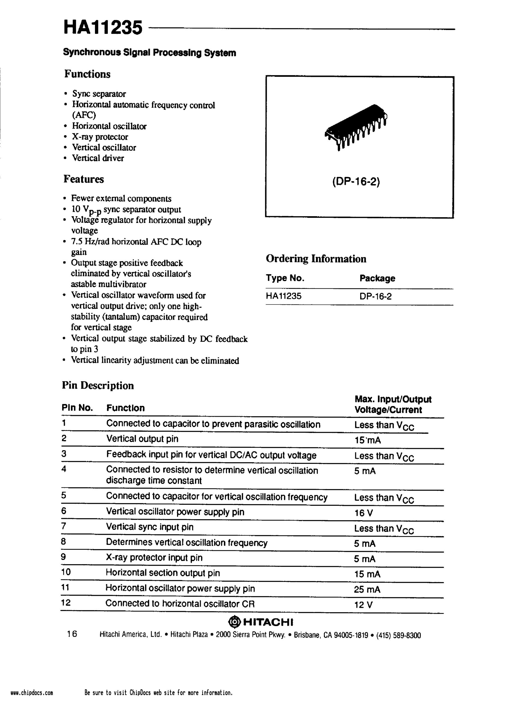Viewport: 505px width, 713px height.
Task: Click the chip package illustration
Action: [x=356, y=127]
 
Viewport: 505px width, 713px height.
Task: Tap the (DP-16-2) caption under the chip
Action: [x=356, y=182]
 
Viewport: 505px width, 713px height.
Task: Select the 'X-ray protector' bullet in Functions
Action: [x=100, y=137]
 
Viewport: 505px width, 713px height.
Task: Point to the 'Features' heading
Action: [x=84, y=179]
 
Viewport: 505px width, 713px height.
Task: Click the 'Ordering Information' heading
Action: [x=316, y=259]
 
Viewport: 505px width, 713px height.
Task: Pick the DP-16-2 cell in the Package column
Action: [x=375, y=296]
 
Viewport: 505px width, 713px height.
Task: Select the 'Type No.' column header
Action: [x=285, y=278]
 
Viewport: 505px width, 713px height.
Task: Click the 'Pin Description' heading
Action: [x=98, y=386]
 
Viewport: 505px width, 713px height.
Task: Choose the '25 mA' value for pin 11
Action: [x=367, y=589]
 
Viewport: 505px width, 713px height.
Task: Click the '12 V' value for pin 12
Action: [x=363, y=605]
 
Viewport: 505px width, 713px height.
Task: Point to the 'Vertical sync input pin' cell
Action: [x=150, y=527]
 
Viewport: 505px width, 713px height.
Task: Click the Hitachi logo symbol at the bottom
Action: [x=235, y=622]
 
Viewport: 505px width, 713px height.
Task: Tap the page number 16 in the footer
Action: [x=72, y=634]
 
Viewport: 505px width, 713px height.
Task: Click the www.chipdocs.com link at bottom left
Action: [x=32, y=702]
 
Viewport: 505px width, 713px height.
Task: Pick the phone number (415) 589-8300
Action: [x=398, y=635]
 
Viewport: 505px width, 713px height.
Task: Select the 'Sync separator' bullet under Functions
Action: [x=99, y=94]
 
